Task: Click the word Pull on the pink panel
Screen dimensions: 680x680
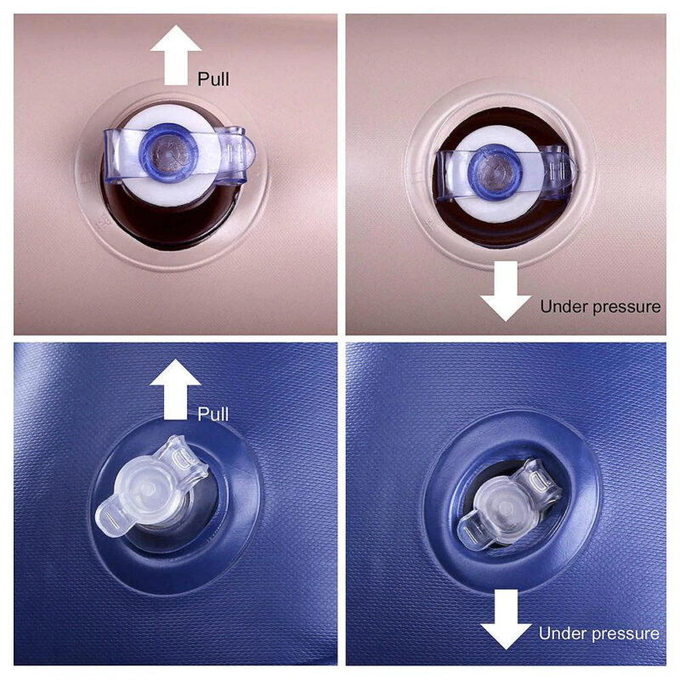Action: point(213,79)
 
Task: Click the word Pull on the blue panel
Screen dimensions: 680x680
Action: point(213,414)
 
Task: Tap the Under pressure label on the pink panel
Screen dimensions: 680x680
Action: point(600,307)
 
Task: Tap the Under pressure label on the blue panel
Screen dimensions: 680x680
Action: point(599,633)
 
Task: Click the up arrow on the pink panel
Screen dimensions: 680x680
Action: point(176,54)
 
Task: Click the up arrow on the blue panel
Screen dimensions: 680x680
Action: point(176,389)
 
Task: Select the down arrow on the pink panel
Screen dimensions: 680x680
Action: point(506,291)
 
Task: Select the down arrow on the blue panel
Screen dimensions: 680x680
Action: point(506,620)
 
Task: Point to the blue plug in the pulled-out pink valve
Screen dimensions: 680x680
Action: point(168,153)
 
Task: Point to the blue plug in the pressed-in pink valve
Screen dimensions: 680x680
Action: point(496,173)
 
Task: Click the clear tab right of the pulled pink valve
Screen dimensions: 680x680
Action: point(236,153)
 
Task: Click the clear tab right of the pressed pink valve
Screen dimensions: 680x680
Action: point(558,173)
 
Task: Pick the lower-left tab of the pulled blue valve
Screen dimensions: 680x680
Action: point(111,518)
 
